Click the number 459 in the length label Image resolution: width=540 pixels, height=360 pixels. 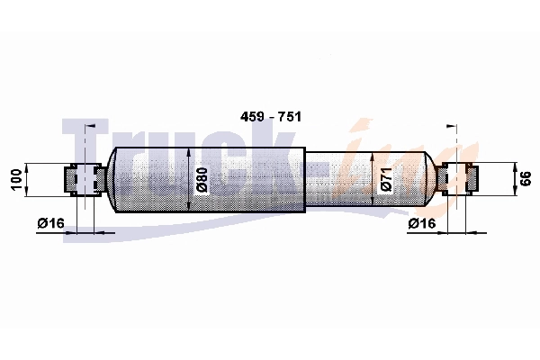[252, 118]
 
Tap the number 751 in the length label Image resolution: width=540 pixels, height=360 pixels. [289, 118]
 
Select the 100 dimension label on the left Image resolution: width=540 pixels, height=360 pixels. [15, 179]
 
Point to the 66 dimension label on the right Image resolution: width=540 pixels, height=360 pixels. [526, 179]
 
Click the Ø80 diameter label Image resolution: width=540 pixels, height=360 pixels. [202, 180]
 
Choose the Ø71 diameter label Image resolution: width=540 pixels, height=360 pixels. [385, 178]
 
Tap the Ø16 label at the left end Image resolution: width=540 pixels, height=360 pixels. [51, 223]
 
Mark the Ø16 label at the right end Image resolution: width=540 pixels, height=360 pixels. [422, 223]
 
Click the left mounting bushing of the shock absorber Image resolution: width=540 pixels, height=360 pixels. [83, 179]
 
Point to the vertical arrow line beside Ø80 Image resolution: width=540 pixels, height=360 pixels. [188, 179]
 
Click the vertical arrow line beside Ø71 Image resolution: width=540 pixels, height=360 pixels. [373, 178]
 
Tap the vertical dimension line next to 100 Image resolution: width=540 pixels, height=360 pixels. [30, 179]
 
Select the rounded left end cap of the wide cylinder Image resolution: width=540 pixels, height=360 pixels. [113, 179]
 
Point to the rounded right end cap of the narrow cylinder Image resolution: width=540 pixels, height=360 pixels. [431, 178]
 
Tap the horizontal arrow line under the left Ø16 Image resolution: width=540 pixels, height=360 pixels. [90, 232]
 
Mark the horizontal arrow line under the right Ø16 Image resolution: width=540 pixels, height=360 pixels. [450, 232]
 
